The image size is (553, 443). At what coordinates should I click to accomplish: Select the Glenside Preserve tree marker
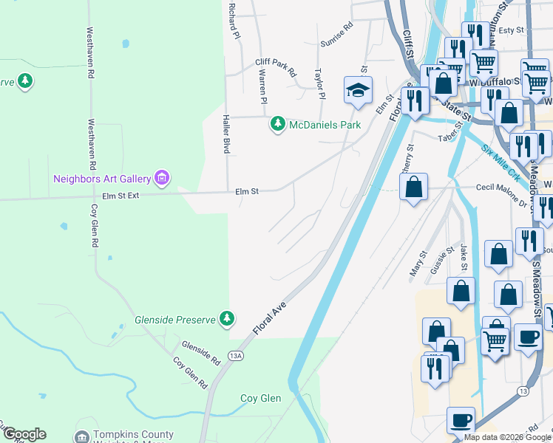tap(228, 319)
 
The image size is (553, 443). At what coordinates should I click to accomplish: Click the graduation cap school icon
tap(357, 91)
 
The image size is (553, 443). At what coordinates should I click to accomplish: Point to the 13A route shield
tap(236, 356)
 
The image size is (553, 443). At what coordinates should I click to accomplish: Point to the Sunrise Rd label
tap(337, 34)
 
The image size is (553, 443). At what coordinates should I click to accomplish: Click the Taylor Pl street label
tap(320, 84)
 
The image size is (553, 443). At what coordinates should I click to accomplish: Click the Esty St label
tap(511, 30)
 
